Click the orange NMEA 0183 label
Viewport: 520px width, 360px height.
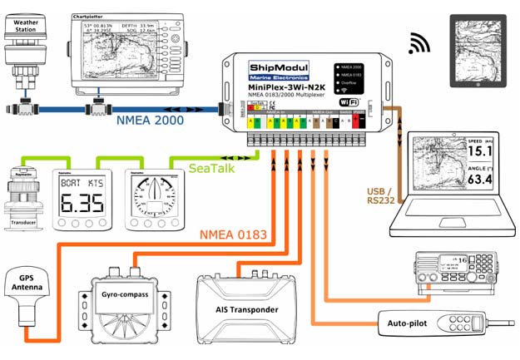(x=235, y=235)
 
